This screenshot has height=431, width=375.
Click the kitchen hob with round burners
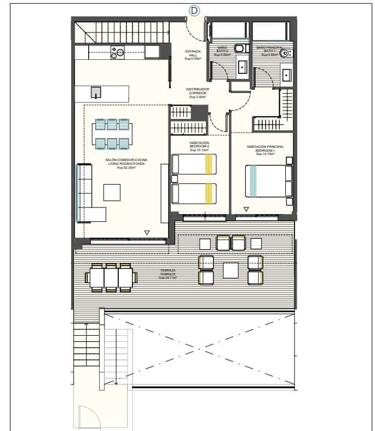[x=118, y=52]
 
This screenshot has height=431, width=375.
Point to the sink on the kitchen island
[x=96, y=93]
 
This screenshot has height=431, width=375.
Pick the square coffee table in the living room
[x=112, y=192]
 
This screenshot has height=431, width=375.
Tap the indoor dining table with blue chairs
[x=112, y=134]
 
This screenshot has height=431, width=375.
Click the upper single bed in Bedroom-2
[x=194, y=164]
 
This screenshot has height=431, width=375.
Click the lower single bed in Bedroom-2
[x=194, y=193]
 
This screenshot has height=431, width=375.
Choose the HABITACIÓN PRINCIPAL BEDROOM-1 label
[x=265, y=150]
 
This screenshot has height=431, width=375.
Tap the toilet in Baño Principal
[x=285, y=53]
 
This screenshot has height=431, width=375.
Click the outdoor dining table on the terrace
[x=111, y=278]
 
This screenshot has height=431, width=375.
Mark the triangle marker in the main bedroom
[x=246, y=209]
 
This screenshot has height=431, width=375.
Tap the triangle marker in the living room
[x=147, y=233]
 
